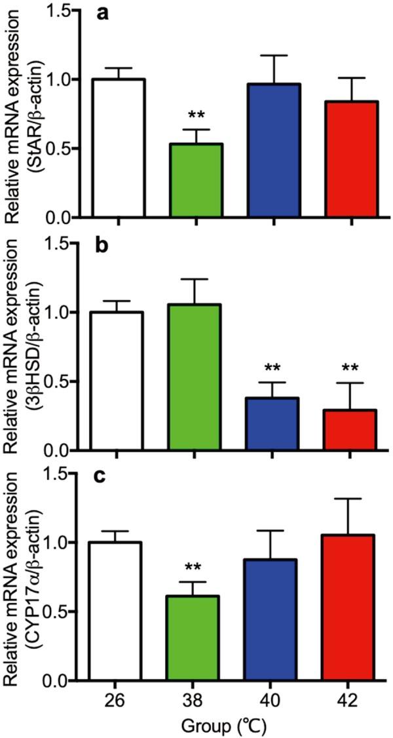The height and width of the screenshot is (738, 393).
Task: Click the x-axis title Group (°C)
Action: pos(234,726)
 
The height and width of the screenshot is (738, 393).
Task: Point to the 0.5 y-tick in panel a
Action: pos(62,149)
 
